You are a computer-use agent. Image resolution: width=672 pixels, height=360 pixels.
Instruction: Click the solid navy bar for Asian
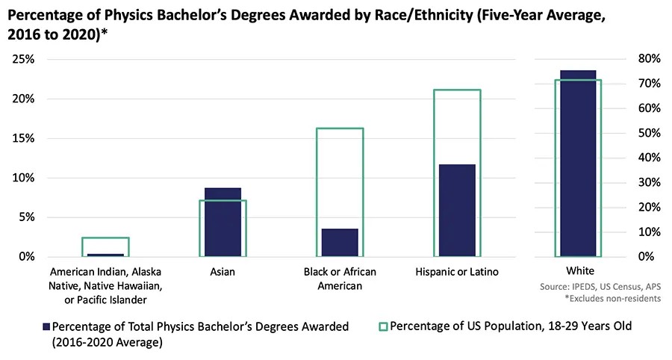click(x=223, y=222)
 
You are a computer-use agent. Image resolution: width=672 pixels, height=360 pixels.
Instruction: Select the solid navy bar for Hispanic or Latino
click(x=457, y=211)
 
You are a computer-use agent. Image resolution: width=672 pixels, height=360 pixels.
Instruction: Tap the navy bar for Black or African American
click(x=340, y=243)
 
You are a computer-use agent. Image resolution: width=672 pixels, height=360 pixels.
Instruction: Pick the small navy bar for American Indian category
click(x=105, y=255)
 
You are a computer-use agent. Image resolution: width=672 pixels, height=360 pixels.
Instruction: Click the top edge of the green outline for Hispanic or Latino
click(x=457, y=90)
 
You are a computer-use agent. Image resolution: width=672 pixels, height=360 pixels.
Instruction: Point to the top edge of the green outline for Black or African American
click(x=340, y=128)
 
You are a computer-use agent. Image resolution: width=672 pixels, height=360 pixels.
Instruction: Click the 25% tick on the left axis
click(x=24, y=59)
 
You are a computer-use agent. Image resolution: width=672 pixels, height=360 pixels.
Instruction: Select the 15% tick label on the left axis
click(x=24, y=138)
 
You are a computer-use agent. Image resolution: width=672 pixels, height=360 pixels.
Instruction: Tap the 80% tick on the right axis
click(x=650, y=59)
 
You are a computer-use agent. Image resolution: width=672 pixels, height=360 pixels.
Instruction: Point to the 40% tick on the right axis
click(x=650, y=158)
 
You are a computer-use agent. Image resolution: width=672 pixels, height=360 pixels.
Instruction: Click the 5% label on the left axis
click(x=27, y=217)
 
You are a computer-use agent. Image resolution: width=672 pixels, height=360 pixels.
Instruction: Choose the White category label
click(x=580, y=271)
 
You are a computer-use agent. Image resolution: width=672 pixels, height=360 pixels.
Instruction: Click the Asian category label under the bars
click(x=223, y=272)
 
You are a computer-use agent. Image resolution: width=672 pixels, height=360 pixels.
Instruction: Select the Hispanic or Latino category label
click(x=457, y=272)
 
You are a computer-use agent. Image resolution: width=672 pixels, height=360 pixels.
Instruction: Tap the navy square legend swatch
click(x=46, y=327)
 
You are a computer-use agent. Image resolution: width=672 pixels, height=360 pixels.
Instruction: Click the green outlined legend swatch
click(x=383, y=327)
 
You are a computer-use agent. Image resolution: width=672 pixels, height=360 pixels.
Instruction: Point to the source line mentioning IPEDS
click(x=600, y=287)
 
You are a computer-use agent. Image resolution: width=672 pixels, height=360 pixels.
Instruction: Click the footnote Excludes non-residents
click(x=613, y=298)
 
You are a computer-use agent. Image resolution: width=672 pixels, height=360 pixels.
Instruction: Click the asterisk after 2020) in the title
click(x=104, y=31)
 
